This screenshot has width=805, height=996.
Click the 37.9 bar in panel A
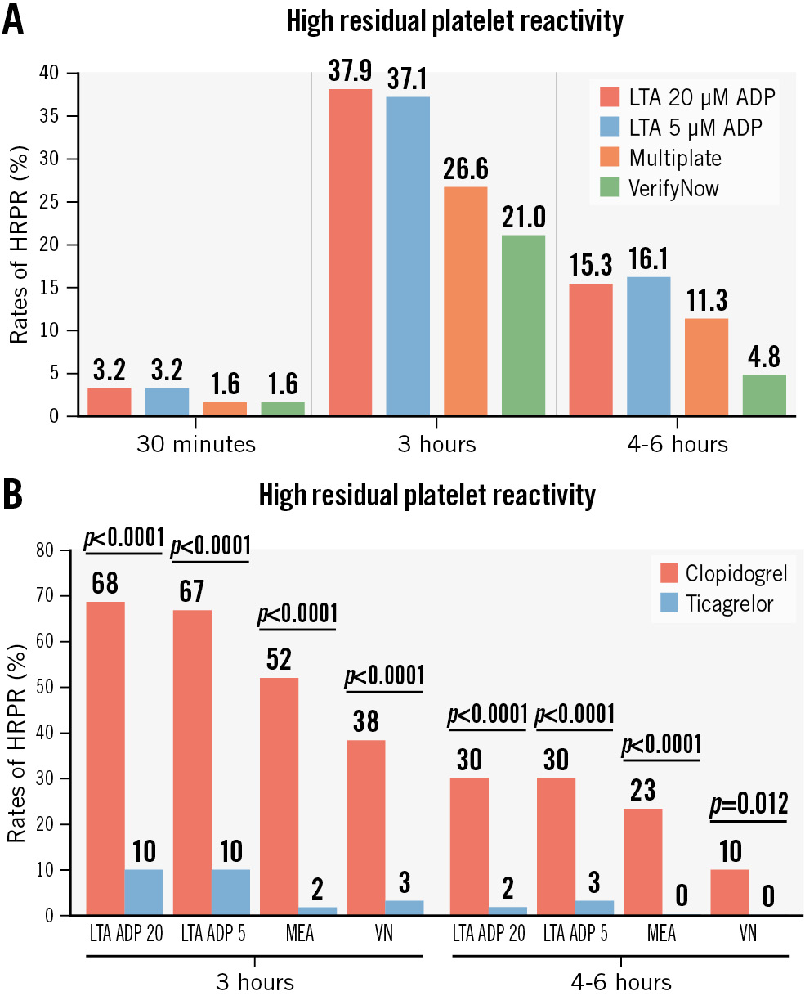[x=349, y=253]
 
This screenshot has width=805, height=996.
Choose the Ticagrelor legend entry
[x=728, y=604]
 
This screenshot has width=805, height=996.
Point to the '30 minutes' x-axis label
[x=196, y=444]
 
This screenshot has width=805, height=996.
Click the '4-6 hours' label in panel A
[x=684, y=444]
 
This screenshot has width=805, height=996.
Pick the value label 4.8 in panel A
[x=763, y=358]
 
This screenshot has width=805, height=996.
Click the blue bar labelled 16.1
[x=648, y=347]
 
